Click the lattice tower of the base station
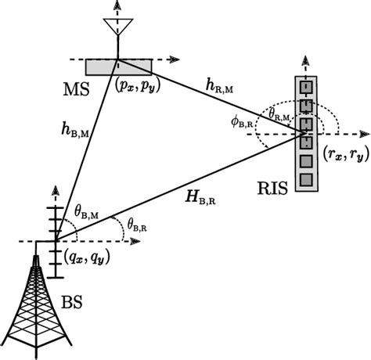pos(34,305)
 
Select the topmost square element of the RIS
pos(306,86)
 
